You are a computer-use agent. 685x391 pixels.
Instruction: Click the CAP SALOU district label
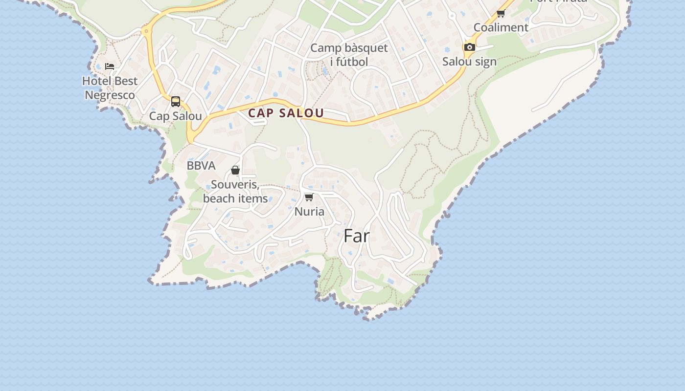286,113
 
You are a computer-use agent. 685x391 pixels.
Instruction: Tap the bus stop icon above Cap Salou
176,102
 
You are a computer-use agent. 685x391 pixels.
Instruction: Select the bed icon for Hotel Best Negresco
110,66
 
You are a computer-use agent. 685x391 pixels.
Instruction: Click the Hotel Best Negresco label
110,88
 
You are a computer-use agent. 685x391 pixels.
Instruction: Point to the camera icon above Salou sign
469,47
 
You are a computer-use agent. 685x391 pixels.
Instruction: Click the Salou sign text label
469,62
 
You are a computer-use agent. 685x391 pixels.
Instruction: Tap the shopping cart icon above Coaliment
501,14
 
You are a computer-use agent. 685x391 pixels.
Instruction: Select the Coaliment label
501,27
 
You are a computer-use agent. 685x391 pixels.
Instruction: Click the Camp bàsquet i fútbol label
349,55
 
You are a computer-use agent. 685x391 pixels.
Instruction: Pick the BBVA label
201,166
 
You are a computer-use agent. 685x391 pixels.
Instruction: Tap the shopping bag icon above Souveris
235,170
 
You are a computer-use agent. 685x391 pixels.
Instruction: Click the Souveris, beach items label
235,192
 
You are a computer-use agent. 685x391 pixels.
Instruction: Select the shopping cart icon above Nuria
309,197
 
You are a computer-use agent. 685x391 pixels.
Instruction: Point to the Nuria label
309,212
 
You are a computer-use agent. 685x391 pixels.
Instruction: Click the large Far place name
357,236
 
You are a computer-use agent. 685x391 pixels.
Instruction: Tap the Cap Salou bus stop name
175,116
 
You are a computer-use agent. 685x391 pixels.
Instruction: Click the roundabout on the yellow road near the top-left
145,32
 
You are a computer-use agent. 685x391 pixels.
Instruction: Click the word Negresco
110,95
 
